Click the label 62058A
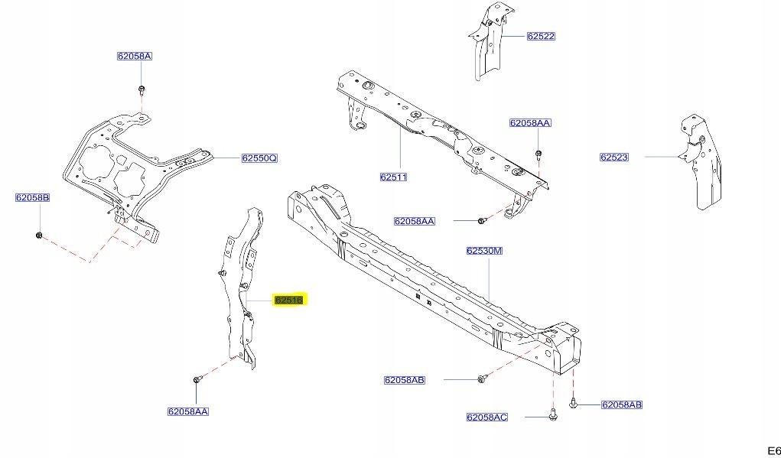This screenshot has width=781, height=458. [135, 57]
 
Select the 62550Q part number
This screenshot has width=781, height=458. [259, 158]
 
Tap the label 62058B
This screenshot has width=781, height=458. [32, 198]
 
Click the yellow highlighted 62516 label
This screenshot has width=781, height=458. [289, 300]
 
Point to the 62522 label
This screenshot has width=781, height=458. [540, 36]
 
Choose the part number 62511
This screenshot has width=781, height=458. [393, 177]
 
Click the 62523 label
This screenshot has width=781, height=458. [613, 158]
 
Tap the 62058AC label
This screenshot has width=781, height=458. [486, 417]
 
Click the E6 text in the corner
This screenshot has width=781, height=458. [773, 450]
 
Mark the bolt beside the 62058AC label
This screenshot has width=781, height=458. [552, 414]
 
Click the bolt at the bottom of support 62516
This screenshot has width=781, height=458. [197, 378]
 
